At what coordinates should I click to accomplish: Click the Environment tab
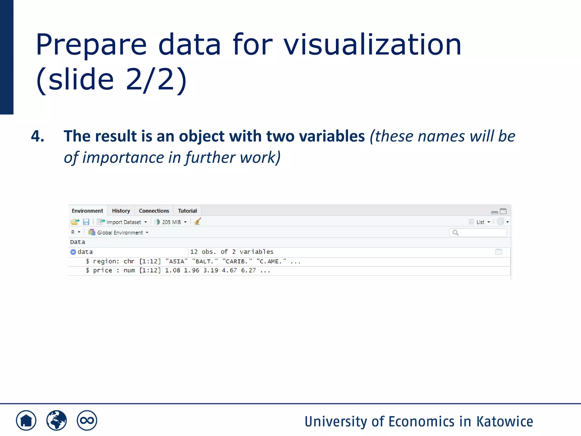pyautogui.click(x=87, y=211)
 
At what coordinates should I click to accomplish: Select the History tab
pyautogui.click(x=121, y=211)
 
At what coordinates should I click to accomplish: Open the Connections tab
pyautogui.click(x=154, y=211)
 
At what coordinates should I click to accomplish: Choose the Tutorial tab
pyautogui.click(x=187, y=211)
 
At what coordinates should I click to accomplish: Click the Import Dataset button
pyautogui.click(x=122, y=222)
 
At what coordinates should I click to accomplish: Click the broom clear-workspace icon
pyautogui.click(x=198, y=221)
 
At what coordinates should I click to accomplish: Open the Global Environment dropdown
pyautogui.click(x=119, y=232)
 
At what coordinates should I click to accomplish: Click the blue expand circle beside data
pyautogui.click(x=73, y=252)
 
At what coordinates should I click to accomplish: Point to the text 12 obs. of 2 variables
pyautogui.click(x=231, y=252)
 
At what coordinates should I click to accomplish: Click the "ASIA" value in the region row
pyautogui.click(x=176, y=261)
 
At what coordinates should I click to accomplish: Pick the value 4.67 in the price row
pyautogui.click(x=229, y=271)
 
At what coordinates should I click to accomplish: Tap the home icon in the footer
pyautogui.click(x=26, y=420)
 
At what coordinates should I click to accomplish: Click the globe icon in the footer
pyautogui.click(x=56, y=420)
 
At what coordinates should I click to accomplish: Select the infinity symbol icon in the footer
pyautogui.click(x=87, y=420)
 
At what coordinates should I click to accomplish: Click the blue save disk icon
pyautogui.click(x=86, y=222)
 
